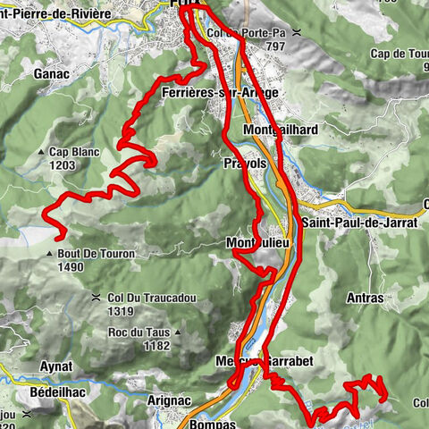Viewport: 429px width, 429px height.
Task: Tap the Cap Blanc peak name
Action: (x=75, y=152)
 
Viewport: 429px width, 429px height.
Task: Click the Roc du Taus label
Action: (x=135, y=332)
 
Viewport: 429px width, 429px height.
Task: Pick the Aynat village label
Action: (x=55, y=366)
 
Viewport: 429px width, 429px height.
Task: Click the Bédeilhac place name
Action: (x=44, y=393)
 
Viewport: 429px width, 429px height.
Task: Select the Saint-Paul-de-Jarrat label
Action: (x=359, y=223)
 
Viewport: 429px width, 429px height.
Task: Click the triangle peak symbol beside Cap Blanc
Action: (x=42, y=153)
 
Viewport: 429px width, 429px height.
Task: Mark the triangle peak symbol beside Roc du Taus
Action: (x=178, y=332)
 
